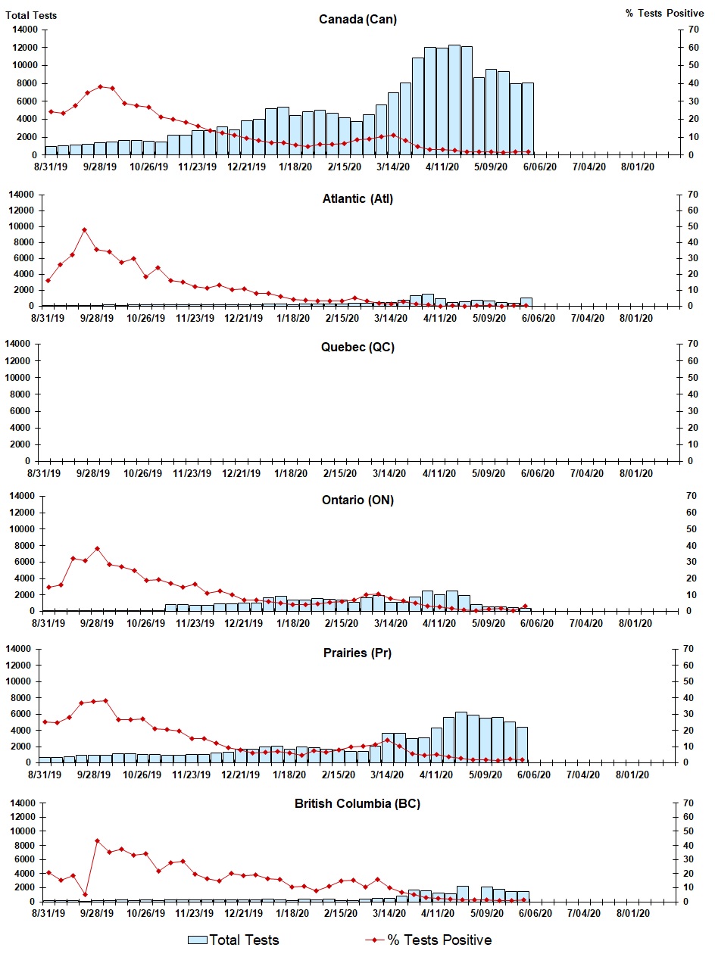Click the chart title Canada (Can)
357,20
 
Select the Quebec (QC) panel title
357,348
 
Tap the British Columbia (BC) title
357,803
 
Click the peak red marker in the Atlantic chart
85,229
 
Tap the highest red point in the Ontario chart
97,548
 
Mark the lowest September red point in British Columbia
85,894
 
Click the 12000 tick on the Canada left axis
26,47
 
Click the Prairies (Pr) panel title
356,653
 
